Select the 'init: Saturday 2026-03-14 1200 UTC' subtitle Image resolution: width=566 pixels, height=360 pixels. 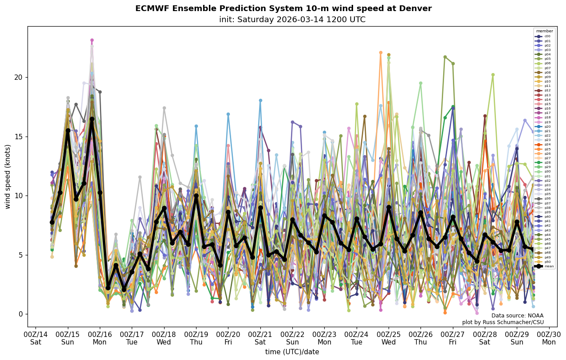(x=292, y=20)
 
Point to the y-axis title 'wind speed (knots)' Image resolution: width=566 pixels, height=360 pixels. (x=8, y=176)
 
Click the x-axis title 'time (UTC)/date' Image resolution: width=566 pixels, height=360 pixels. (x=292, y=352)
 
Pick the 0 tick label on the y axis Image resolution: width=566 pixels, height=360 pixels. (x=20, y=314)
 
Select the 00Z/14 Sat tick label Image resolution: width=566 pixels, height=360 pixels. (x=35, y=338)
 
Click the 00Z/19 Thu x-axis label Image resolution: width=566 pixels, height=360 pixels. (x=196, y=338)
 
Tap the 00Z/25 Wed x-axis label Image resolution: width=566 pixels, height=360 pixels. (x=389, y=338)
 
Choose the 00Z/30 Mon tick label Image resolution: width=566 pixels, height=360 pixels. (x=549, y=338)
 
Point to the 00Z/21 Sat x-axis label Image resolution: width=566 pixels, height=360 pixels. (x=260, y=338)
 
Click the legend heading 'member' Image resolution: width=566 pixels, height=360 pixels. (x=545, y=31)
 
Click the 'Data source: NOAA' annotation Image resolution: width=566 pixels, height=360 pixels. (x=517, y=316)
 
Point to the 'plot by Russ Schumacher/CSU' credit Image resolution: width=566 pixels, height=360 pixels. (x=503, y=322)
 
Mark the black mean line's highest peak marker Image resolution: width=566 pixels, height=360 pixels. (x=92, y=119)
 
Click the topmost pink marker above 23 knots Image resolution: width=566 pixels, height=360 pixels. (x=92, y=40)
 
